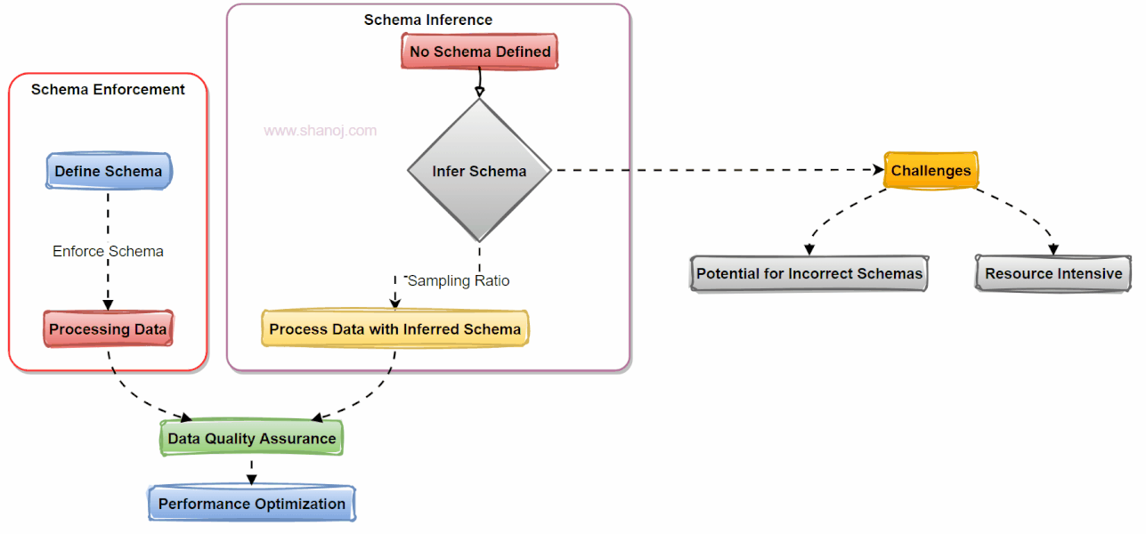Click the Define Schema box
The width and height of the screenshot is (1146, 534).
click(x=108, y=171)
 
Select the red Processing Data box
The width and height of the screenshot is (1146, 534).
click(x=108, y=329)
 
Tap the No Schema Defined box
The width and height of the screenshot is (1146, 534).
click(x=480, y=52)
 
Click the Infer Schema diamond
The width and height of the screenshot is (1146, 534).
click(x=479, y=170)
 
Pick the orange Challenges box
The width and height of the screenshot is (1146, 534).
click(x=931, y=170)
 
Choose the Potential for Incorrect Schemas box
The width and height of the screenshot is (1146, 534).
click(x=809, y=273)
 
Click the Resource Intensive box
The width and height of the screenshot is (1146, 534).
click(x=1053, y=273)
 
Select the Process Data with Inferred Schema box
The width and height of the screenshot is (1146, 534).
click(x=394, y=329)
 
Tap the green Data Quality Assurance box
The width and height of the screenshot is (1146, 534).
click(x=251, y=438)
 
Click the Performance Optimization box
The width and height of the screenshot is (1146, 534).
click(x=251, y=504)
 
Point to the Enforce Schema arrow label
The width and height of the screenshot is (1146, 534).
click(x=108, y=251)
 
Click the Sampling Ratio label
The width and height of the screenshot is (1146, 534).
click(x=459, y=280)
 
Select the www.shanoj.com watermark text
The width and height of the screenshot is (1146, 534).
click(x=321, y=131)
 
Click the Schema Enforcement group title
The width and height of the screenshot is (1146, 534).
click(x=108, y=89)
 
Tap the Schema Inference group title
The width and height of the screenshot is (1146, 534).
click(x=427, y=20)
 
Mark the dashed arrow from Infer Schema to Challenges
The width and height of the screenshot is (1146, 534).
click(x=712, y=170)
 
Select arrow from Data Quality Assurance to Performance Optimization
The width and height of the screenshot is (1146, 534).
click(x=251, y=471)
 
